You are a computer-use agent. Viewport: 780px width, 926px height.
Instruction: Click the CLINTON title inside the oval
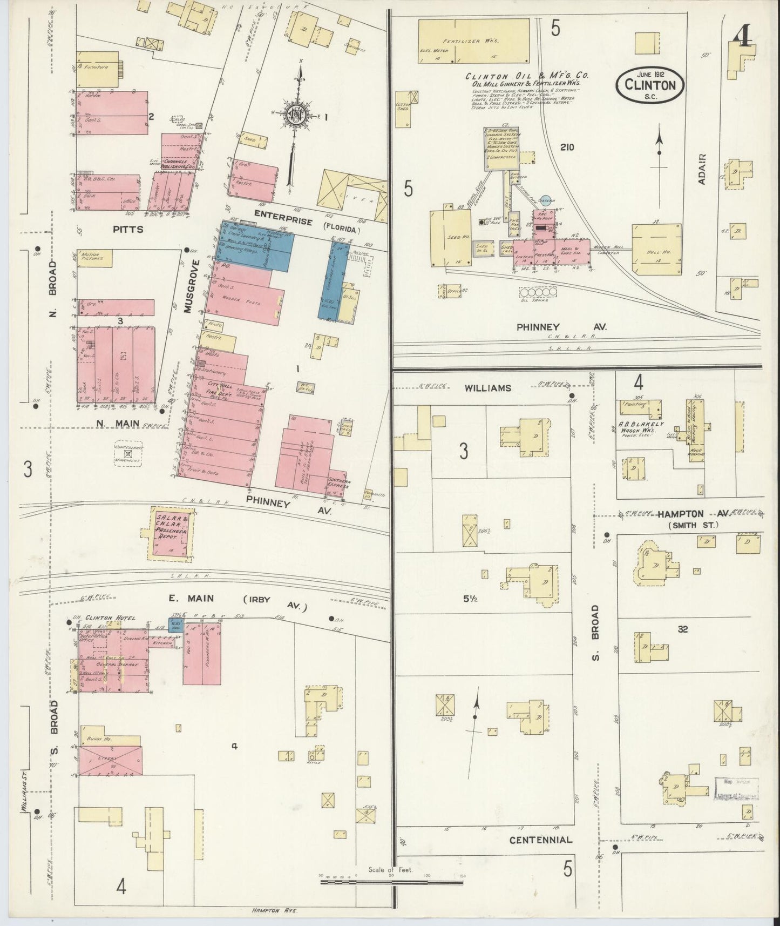pos(650,85)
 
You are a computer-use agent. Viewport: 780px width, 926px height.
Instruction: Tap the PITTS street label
pos(128,229)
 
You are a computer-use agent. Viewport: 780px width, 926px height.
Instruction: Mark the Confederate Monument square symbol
pos(128,454)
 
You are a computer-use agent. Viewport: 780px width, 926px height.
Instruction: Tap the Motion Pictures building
pos(95,258)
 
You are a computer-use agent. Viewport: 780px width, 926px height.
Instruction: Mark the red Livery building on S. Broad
pos(111,759)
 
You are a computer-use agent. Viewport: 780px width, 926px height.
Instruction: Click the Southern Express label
pos(338,486)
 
